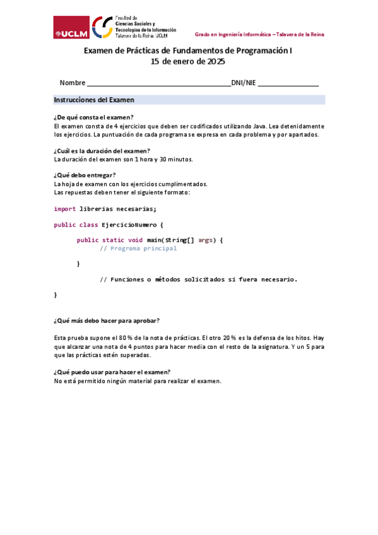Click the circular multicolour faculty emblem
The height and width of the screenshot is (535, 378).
pyautogui.click(x=103, y=27)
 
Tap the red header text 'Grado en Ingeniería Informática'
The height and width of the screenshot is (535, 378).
pyautogui.click(x=233, y=34)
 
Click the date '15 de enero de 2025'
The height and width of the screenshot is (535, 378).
pyautogui.click(x=188, y=62)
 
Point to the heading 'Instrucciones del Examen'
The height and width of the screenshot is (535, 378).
pyautogui.click(x=94, y=100)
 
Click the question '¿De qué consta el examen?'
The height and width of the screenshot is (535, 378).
pyautogui.click(x=94, y=117)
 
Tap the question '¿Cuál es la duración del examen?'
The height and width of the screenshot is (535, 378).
pyautogui.click(x=102, y=150)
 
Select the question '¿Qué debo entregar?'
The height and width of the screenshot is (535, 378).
pyautogui.click(x=85, y=175)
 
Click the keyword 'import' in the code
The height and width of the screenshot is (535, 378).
pyautogui.click(x=65, y=209)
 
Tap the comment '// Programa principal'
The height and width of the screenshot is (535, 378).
pyautogui.click(x=139, y=249)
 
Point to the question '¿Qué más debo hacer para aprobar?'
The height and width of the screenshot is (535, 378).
pyautogui.click(x=107, y=320)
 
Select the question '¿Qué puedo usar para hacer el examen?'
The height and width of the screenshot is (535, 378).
pyautogui.click(x=112, y=372)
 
